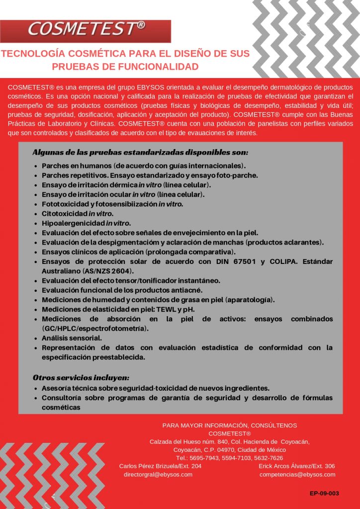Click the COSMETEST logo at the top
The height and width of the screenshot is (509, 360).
[86, 30]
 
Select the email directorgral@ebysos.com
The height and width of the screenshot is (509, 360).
[158, 475]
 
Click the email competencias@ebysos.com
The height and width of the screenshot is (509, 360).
[297, 475]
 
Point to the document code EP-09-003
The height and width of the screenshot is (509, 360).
[324, 494]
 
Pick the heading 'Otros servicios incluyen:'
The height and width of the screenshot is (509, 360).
[81, 378]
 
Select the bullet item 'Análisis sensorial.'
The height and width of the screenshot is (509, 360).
[72, 338]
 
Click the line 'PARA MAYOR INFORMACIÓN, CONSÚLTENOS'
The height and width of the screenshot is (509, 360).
[230, 425]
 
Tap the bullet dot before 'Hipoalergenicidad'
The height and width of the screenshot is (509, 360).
[36, 223]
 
